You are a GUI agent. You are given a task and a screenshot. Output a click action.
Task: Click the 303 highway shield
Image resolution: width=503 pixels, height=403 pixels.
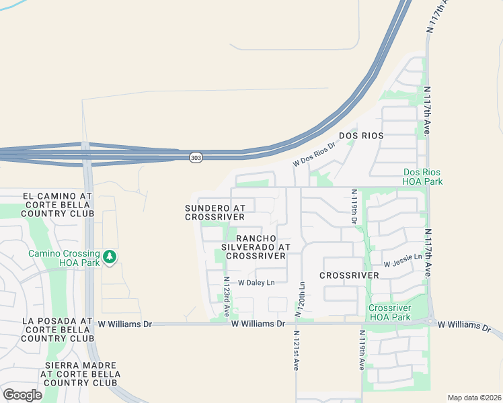pyautogui.click(x=196, y=157)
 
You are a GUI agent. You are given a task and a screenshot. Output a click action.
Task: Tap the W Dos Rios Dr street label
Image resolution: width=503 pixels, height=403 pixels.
pyautogui.click(x=313, y=154)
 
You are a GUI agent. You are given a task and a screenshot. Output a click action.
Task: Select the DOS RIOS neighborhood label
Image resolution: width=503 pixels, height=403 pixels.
pyautogui.click(x=361, y=136)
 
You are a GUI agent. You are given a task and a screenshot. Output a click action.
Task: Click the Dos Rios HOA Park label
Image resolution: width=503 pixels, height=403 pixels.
pyautogui.click(x=422, y=177)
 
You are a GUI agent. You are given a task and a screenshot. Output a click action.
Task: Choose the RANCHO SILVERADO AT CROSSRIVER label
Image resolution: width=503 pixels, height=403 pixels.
pyautogui.click(x=256, y=247)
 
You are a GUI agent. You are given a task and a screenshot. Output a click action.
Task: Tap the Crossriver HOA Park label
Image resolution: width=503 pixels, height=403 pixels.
pyautogui.click(x=389, y=312)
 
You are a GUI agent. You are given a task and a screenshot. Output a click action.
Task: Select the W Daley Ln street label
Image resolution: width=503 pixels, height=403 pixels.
pyautogui.click(x=256, y=283)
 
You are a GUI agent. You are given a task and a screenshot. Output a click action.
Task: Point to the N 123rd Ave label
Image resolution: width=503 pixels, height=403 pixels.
pyautogui.click(x=227, y=297)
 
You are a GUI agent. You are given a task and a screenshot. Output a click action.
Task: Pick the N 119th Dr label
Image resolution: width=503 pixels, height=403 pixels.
pyautogui.click(x=354, y=207)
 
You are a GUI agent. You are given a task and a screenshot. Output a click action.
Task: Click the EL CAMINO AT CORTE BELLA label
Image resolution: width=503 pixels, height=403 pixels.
pyautogui.click(x=56, y=204)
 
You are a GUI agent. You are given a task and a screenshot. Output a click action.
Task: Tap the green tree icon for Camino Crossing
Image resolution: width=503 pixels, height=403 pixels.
pyautogui.click(x=110, y=256)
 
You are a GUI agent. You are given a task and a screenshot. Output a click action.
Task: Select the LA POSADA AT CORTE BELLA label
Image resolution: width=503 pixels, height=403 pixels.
pyautogui.click(x=56, y=330)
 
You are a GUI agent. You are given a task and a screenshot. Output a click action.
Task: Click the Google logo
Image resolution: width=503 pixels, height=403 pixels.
pyautogui.click(x=22, y=395)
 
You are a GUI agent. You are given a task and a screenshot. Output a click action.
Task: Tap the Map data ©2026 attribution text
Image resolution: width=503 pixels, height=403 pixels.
pyautogui.click(x=474, y=398)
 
